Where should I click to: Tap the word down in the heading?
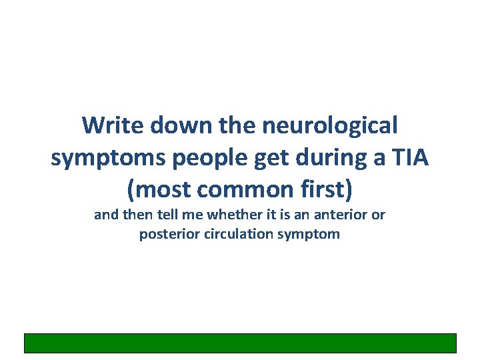[175, 125]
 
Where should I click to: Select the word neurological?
[331, 125]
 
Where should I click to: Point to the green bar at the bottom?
[240, 343]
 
